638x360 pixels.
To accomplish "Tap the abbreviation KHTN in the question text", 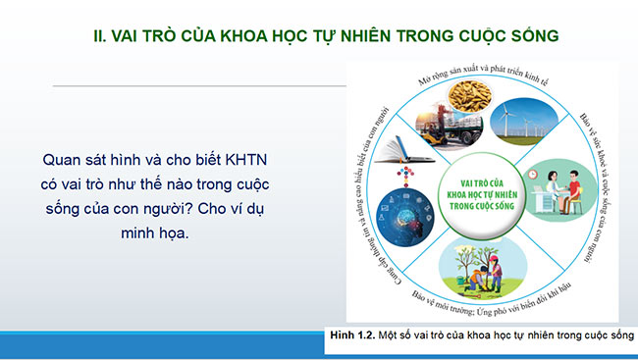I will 248,159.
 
